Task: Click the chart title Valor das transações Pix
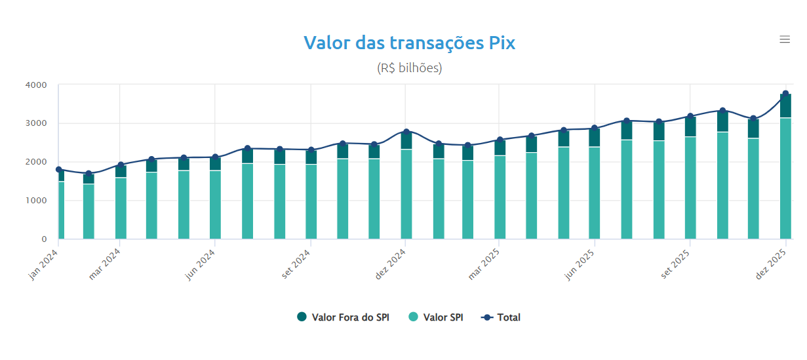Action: click(x=409, y=43)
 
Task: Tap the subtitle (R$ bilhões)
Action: click(x=409, y=68)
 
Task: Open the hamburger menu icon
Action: click(x=784, y=39)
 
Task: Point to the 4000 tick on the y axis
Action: click(x=35, y=85)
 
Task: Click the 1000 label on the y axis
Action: click(x=35, y=201)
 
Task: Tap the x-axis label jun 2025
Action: click(x=581, y=266)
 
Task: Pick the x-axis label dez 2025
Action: click(x=772, y=266)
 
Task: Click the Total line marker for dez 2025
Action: click(x=785, y=94)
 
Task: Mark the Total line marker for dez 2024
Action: click(x=406, y=132)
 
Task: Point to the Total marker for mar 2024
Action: click(x=121, y=165)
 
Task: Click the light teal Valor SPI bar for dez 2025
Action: click(x=785, y=177)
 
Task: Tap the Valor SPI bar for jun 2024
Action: click(x=215, y=205)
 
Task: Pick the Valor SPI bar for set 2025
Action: click(x=690, y=188)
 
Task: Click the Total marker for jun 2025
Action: click(x=595, y=129)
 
